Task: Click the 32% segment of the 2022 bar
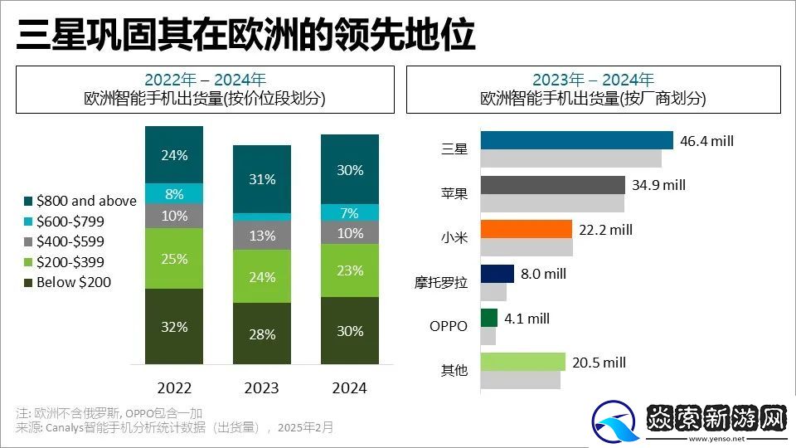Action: (x=174, y=326)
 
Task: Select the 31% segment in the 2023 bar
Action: (x=262, y=179)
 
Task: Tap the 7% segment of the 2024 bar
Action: (x=350, y=212)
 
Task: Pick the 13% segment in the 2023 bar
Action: (x=262, y=236)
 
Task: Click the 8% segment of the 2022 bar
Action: (x=174, y=193)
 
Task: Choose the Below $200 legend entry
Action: (x=68, y=282)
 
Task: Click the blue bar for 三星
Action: (x=576, y=140)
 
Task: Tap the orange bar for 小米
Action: (x=526, y=229)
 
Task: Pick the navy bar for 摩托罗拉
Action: (x=497, y=274)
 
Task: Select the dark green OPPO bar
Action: (x=488, y=318)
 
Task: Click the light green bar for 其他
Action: (x=522, y=362)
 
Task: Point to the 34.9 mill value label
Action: (x=659, y=185)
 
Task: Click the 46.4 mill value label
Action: (x=706, y=140)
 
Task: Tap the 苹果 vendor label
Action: (x=454, y=193)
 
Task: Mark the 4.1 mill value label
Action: (x=527, y=318)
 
